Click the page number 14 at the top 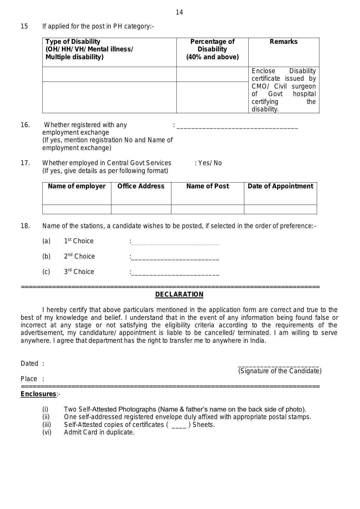pos(179,12)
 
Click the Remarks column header pos(283,42)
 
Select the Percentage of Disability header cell pos(212,49)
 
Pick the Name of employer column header pos(77,186)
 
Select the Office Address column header pos(141,186)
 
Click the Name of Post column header pos(207,186)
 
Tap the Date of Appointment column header pos(280,186)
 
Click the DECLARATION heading pos(179,295)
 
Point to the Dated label pos(29,364)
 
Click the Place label pos(29,379)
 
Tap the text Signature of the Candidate pos(280,371)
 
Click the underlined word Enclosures pos(38,394)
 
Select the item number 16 pos(25,125)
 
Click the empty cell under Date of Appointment pos(280,209)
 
